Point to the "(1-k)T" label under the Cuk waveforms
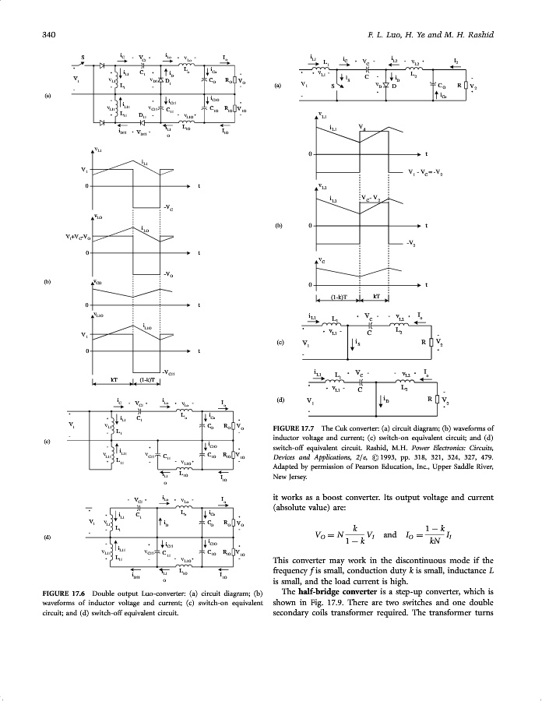click(x=337, y=298)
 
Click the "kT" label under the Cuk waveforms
click(x=375, y=298)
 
